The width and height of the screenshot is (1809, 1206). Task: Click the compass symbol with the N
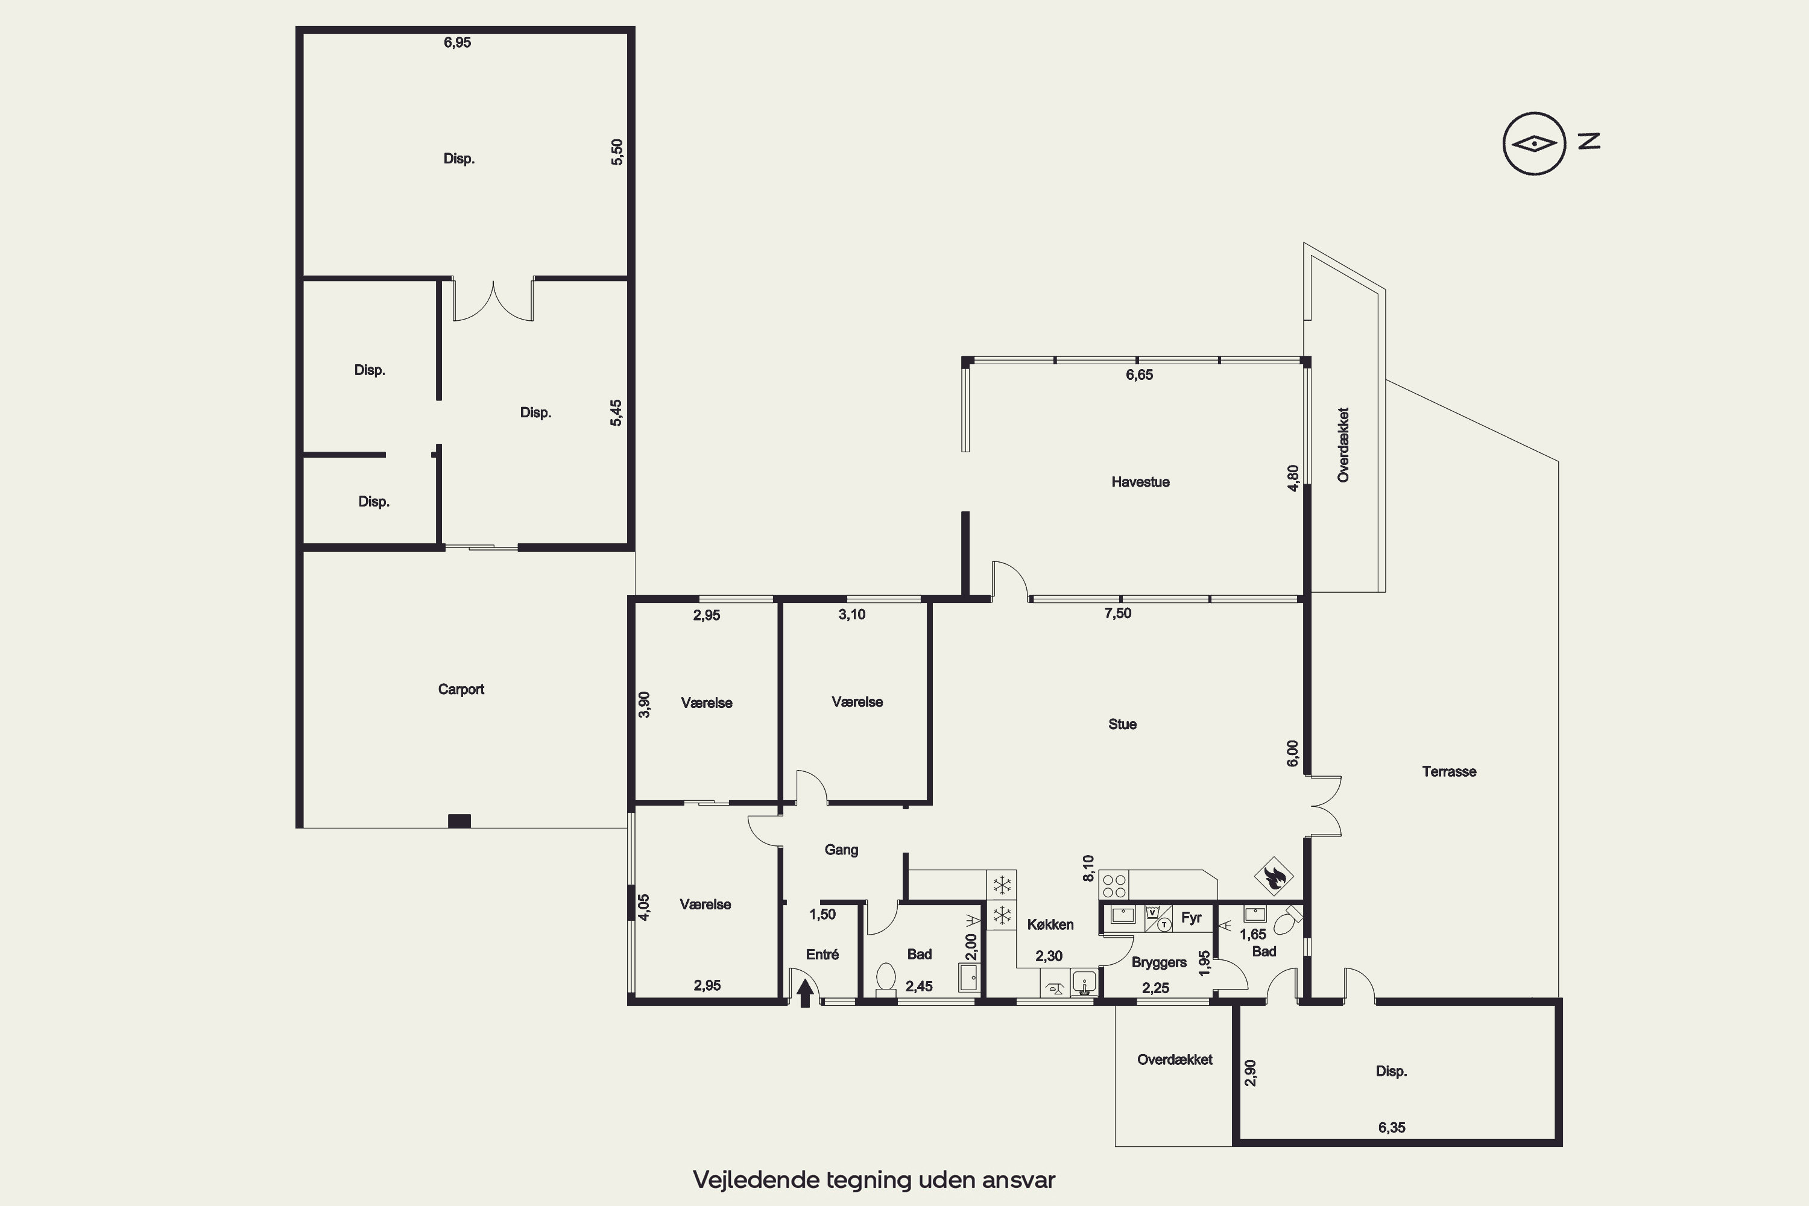click(x=1550, y=143)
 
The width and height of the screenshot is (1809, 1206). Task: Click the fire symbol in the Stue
click(x=1274, y=876)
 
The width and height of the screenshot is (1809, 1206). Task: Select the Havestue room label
click(x=1140, y=482)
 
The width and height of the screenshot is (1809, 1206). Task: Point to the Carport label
click(x=461, y=689)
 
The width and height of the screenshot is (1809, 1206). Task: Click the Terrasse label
click(x=1449, y=771)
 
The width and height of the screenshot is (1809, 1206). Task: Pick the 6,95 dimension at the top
click(x=457, y=43)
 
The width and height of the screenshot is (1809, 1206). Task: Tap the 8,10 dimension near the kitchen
click(x=1088, y=868)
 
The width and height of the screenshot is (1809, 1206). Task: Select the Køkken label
click(x=1050, y=924)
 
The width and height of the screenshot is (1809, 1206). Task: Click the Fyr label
click(x=1192, y=918)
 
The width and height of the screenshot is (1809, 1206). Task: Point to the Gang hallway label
click(x=841, y=850)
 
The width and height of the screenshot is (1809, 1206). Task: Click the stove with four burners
click(x=1114, y=885)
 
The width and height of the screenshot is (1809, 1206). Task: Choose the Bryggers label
click(x=1158, y=962)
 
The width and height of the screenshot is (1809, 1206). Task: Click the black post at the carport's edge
click(x=459, y=821)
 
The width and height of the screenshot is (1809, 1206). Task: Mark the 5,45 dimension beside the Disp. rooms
click(x=616, y=412)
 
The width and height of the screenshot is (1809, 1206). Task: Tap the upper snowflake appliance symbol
click(x=1002, y=885)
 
